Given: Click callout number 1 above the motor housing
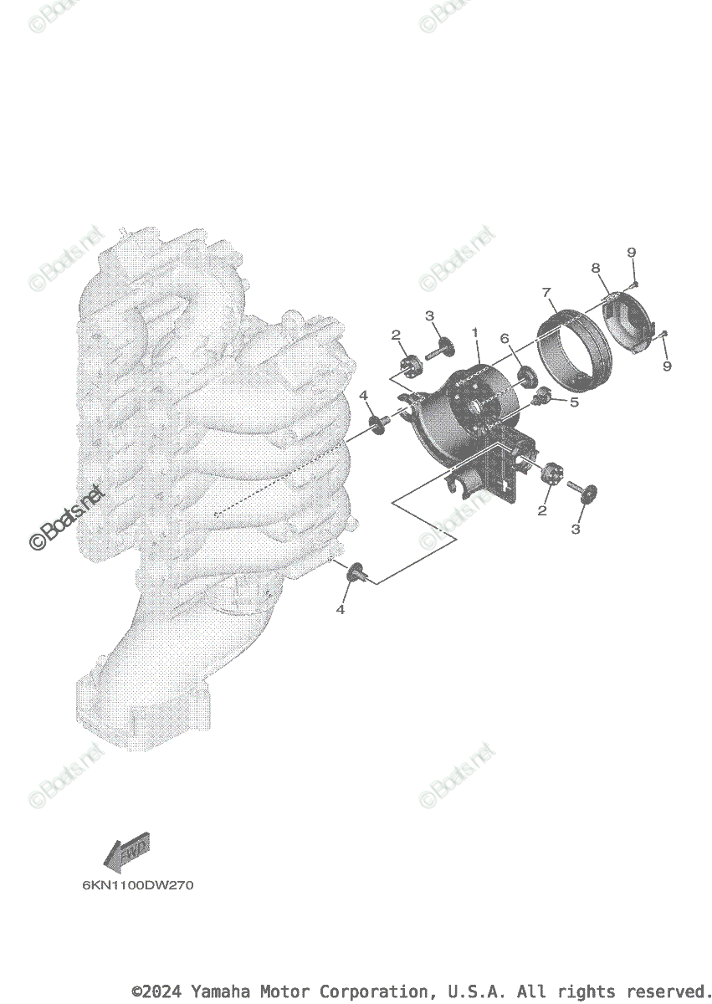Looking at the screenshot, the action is pyautogui.click(x=474, y=333).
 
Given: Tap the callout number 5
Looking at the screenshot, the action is pyautogui.click(x=574, y=402).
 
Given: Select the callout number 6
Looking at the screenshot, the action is pyautogui.click(x=505, y=338).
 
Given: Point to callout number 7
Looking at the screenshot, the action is pyautogui.click(x=546, y=292).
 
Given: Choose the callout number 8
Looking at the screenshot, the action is pyautogui.click(x=596, y=269).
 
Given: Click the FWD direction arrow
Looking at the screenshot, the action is pyautogui.click(x=125, y=852).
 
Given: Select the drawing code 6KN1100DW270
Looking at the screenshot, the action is pyautogui.click(x=137, y=885).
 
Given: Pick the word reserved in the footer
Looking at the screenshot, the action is pyautogui.click(x=674, y=991).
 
